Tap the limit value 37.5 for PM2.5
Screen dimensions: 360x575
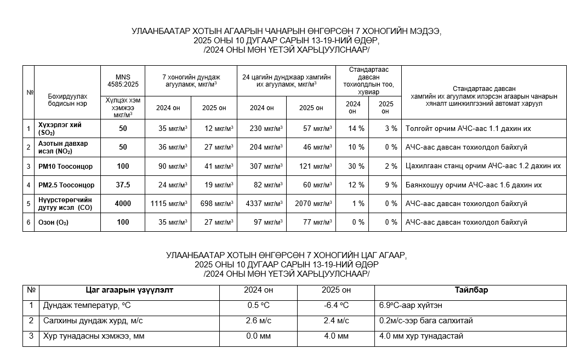click(123, 185)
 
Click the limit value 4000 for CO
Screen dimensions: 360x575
click(123, 204)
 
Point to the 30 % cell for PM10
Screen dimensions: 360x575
click(356, 166)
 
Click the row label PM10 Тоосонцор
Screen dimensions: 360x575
click(65, 166)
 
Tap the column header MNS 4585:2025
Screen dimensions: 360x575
click(123, 81)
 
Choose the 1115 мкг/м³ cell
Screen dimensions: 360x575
click(169, 204)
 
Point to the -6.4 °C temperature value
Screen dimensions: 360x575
click(336, 305)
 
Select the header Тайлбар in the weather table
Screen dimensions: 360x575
click(471, 290)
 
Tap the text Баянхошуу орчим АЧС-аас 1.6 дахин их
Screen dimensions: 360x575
click(473, 185)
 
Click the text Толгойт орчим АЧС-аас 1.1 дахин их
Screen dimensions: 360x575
click(468, 129)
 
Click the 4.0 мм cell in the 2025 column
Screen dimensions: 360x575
click(336, 336)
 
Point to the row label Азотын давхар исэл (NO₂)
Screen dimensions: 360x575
click(63, 147)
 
